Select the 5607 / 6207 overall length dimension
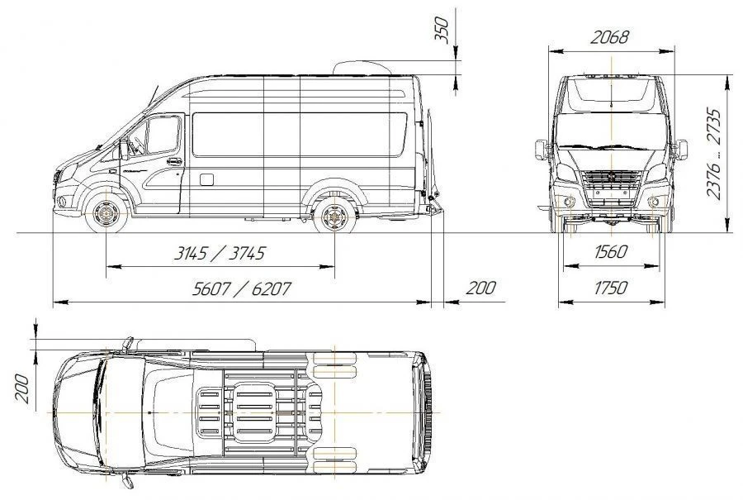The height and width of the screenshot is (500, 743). click(x=241, y=289)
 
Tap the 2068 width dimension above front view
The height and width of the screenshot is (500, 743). click(x=610, y=37)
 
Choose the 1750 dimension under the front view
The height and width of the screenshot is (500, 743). click(x=610, y=288)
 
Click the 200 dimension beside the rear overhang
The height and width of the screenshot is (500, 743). click(x=482, y=288)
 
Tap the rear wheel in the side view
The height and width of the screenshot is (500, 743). click(x=334, y=217)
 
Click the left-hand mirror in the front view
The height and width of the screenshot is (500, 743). click(x=542, y=150)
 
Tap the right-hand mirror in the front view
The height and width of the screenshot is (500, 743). click(x=680, y=150)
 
